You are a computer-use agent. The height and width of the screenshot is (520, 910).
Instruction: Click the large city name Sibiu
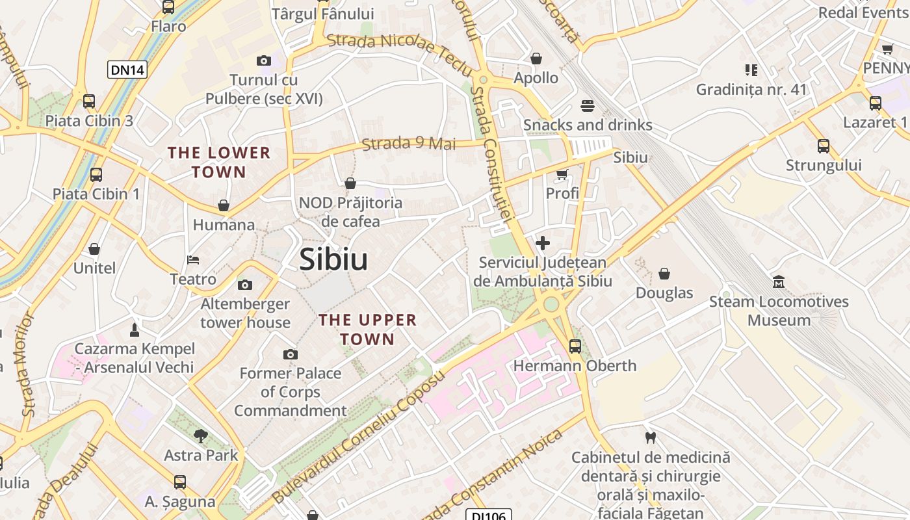(x=333, y=259)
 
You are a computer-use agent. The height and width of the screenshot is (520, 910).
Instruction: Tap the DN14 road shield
(x=127, y=70)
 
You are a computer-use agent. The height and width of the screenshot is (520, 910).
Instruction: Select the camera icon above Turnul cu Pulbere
(x=263, y=60)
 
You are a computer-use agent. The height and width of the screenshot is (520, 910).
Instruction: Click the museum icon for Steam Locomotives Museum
(x=778, y=282)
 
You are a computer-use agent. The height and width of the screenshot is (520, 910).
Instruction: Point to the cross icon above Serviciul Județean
(x=542, y=243)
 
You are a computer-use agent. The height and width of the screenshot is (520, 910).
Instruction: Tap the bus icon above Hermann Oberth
(x=575, y=346)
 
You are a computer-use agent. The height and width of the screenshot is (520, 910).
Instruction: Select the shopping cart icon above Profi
(x=562, y=174)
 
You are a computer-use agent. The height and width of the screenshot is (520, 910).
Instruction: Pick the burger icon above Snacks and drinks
(x=588, y=105)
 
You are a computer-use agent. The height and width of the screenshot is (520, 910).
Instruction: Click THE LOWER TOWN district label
(x=219, y=162)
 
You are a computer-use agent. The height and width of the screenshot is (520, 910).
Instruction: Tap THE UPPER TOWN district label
(x=367, y=330)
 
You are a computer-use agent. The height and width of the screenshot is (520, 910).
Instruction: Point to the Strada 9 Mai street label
(x=409, y=143)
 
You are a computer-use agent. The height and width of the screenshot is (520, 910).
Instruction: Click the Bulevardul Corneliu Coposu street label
(x=359, y=437)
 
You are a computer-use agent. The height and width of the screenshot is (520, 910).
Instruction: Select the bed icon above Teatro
(x=193, y=260)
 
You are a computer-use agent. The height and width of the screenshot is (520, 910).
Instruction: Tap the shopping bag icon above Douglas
(x=664, y=274)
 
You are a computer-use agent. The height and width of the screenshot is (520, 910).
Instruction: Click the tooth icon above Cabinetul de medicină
(x=649, y=437)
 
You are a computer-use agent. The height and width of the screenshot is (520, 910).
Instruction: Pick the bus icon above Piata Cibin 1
(x=96, y=174)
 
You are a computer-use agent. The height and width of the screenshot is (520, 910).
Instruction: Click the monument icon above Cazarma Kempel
(x=135, y=330)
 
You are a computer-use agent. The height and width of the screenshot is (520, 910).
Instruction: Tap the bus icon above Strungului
(x=824, y=146)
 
